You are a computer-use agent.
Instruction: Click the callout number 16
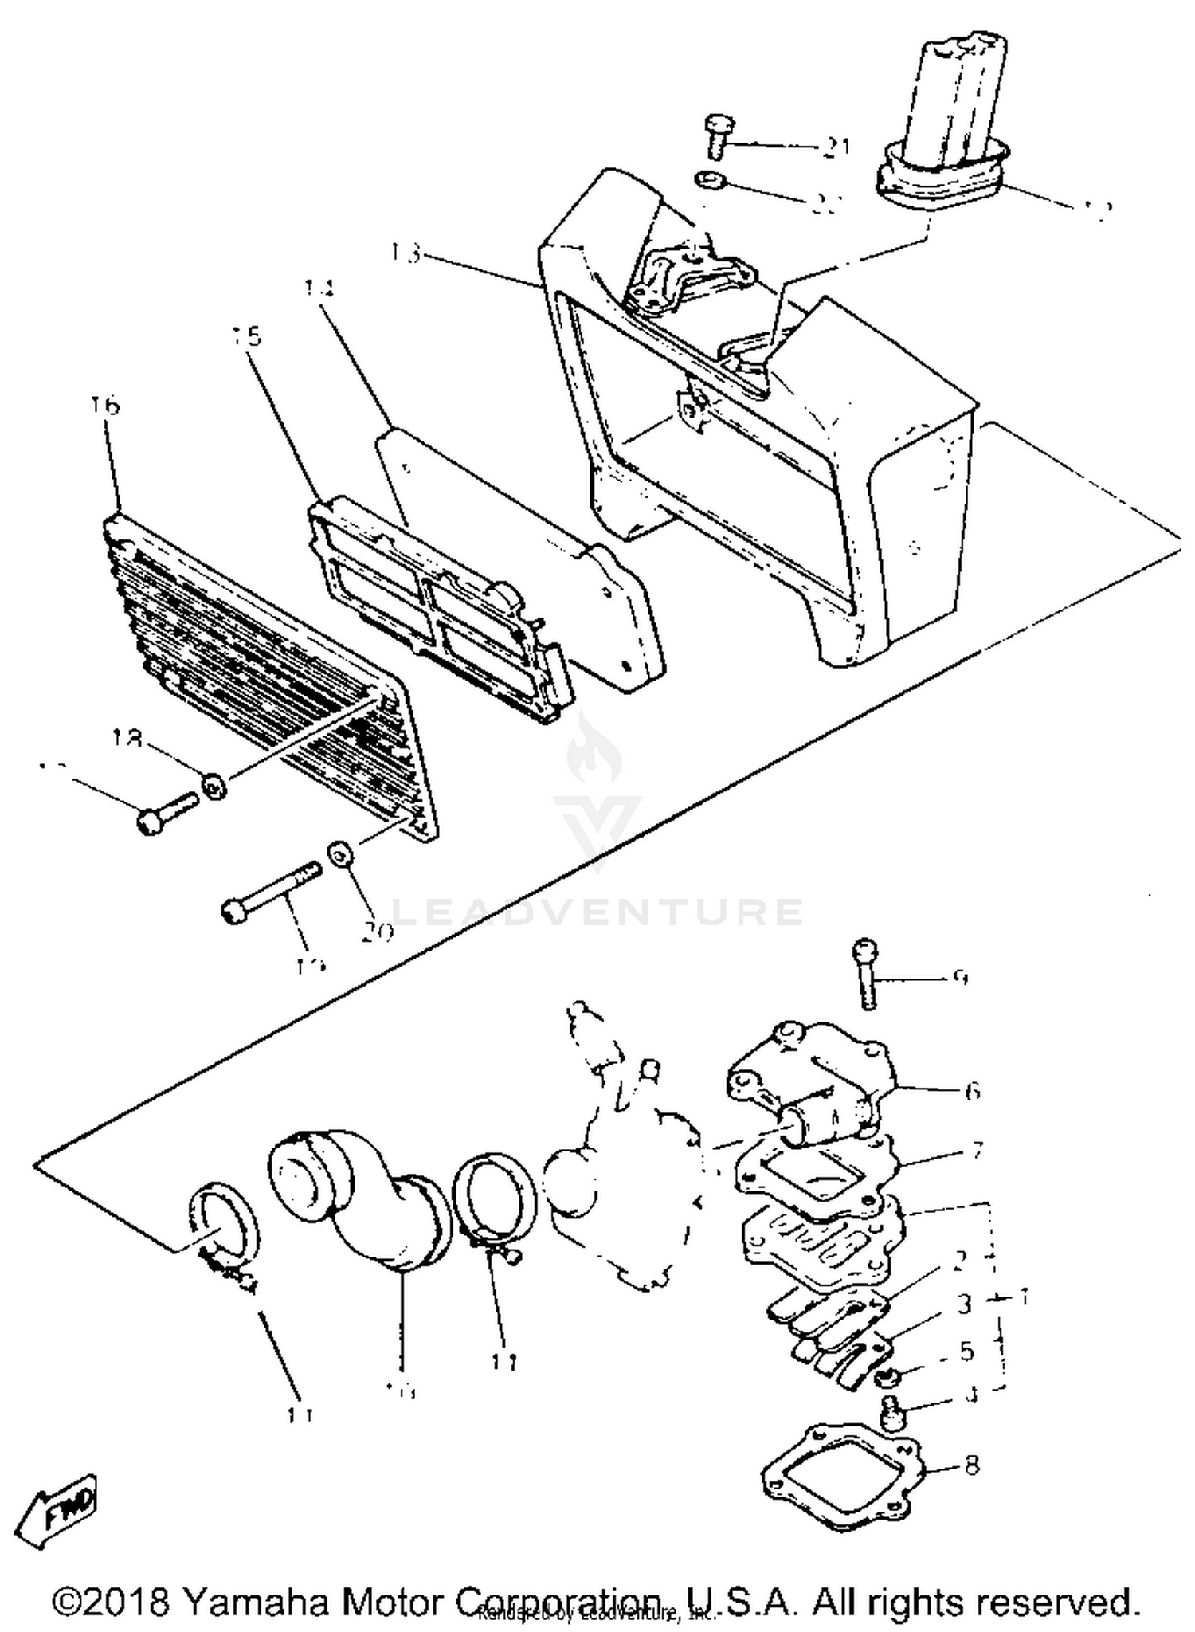[105, 406]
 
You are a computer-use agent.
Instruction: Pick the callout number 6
[972, 1091]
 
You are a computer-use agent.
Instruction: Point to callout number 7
[977, 1151]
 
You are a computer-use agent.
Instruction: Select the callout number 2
[960, 1260]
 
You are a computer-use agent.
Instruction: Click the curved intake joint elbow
[351, 1195]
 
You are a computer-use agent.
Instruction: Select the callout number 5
[966, 1350]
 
